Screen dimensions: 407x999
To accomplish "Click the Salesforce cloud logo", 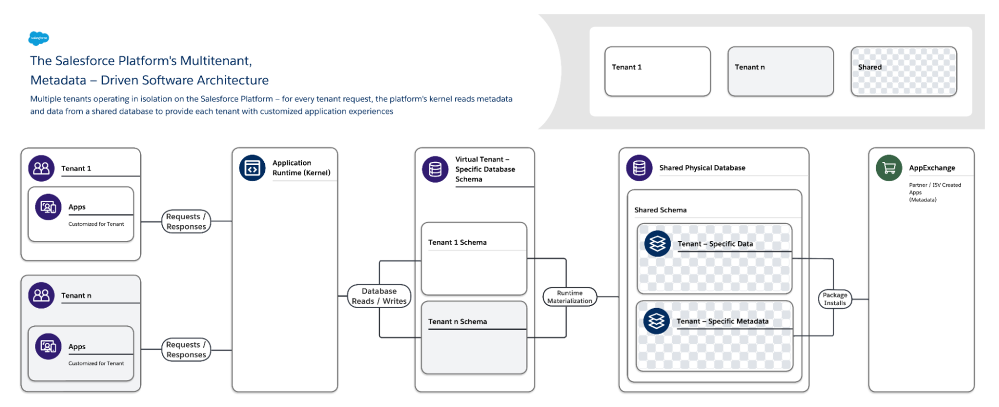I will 39,38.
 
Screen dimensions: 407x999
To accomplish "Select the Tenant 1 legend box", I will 657,71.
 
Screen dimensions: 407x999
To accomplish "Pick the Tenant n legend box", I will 780,71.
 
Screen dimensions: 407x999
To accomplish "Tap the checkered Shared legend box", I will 903,71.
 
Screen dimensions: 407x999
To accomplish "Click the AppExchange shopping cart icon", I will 889,168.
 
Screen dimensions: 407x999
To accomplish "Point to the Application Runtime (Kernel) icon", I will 252,168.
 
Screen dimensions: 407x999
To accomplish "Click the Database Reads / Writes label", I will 379,296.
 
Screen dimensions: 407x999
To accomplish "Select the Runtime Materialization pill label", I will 569,297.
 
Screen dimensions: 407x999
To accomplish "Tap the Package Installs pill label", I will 835,299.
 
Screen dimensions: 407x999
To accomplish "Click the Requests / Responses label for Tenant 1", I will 186,222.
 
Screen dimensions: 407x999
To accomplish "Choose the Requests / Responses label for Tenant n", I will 186,350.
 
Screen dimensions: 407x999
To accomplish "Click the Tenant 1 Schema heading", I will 457,243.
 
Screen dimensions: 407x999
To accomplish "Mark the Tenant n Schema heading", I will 457,322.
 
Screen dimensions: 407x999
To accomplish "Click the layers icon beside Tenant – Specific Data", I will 657,244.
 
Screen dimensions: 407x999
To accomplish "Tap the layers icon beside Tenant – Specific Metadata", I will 656,321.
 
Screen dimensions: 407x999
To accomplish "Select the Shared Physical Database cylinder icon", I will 639,168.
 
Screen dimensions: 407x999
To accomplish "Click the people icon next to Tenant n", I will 41,296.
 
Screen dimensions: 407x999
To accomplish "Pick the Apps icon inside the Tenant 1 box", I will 48,207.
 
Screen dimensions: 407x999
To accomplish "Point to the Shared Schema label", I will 660,210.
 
